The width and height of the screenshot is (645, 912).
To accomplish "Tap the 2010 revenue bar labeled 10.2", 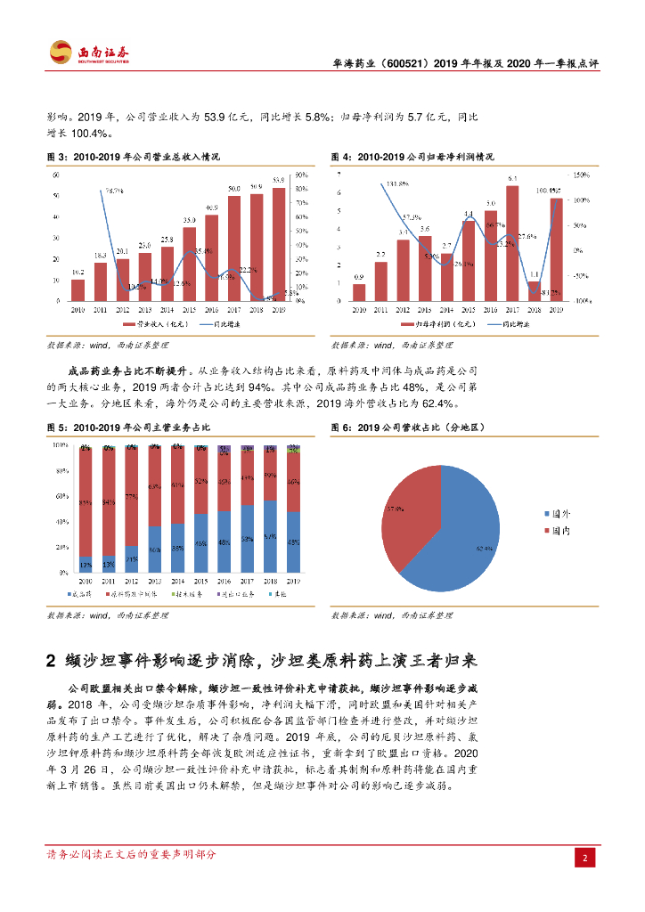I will [x=78, y=290].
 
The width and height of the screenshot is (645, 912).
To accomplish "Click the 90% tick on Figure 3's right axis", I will [x=301, y=175].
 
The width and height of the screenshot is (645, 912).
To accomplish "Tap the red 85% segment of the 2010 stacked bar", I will [x=86, y=503].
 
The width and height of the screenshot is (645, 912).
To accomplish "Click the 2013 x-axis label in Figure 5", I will [x=155, y=580].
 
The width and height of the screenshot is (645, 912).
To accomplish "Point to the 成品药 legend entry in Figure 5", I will [x=81, y=593].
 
